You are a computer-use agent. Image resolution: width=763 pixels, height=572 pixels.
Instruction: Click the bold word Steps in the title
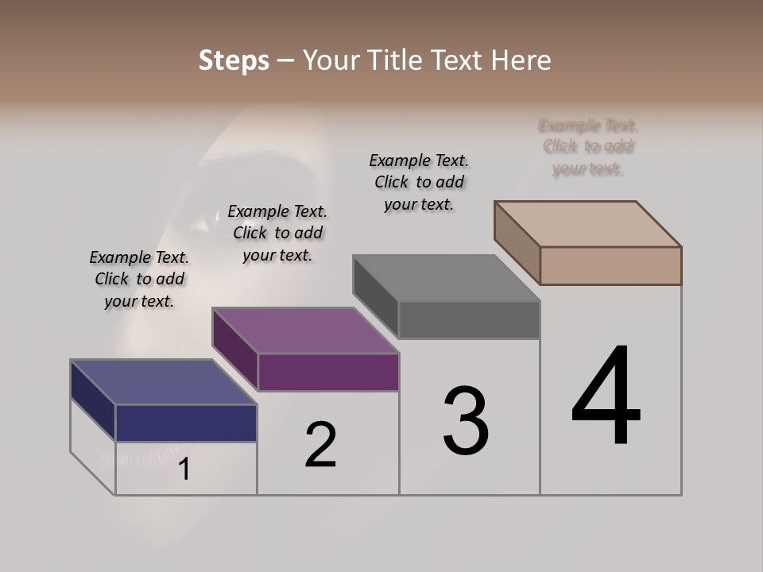click(x=234, y=60)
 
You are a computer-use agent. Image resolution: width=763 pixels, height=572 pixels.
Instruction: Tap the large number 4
click(x=606, y=397)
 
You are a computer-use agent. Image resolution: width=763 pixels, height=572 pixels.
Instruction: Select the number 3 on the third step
click(x=465, y=421)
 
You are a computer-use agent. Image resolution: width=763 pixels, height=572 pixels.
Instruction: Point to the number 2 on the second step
click(x=320, y=445)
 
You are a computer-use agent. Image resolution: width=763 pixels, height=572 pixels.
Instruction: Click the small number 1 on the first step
click(x=184, y=470)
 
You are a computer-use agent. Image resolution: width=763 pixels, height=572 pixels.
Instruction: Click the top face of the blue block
click(x=163, y=382)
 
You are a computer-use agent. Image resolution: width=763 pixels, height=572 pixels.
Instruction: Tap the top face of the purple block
click(x=305, y=330)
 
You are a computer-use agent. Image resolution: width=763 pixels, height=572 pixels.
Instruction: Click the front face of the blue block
click(x=186, y=423)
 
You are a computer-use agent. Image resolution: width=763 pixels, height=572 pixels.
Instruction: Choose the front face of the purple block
click(x=328, y=372)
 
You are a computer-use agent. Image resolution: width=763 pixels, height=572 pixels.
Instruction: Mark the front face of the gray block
click(x=469, y=319)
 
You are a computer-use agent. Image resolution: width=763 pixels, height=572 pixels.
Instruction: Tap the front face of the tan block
click(x=610, y=265)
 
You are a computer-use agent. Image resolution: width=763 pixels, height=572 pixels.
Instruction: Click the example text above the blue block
click(x=139, y=279)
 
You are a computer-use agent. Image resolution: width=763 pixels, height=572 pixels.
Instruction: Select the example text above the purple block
click(x=277, y=233)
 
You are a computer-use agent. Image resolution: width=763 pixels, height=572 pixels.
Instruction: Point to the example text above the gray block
click(x=419, y=182)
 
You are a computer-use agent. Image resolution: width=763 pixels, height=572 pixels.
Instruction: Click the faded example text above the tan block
click(x=588, y=147)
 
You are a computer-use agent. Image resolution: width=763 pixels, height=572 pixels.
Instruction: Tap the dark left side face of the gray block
click(x=375, y=291)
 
